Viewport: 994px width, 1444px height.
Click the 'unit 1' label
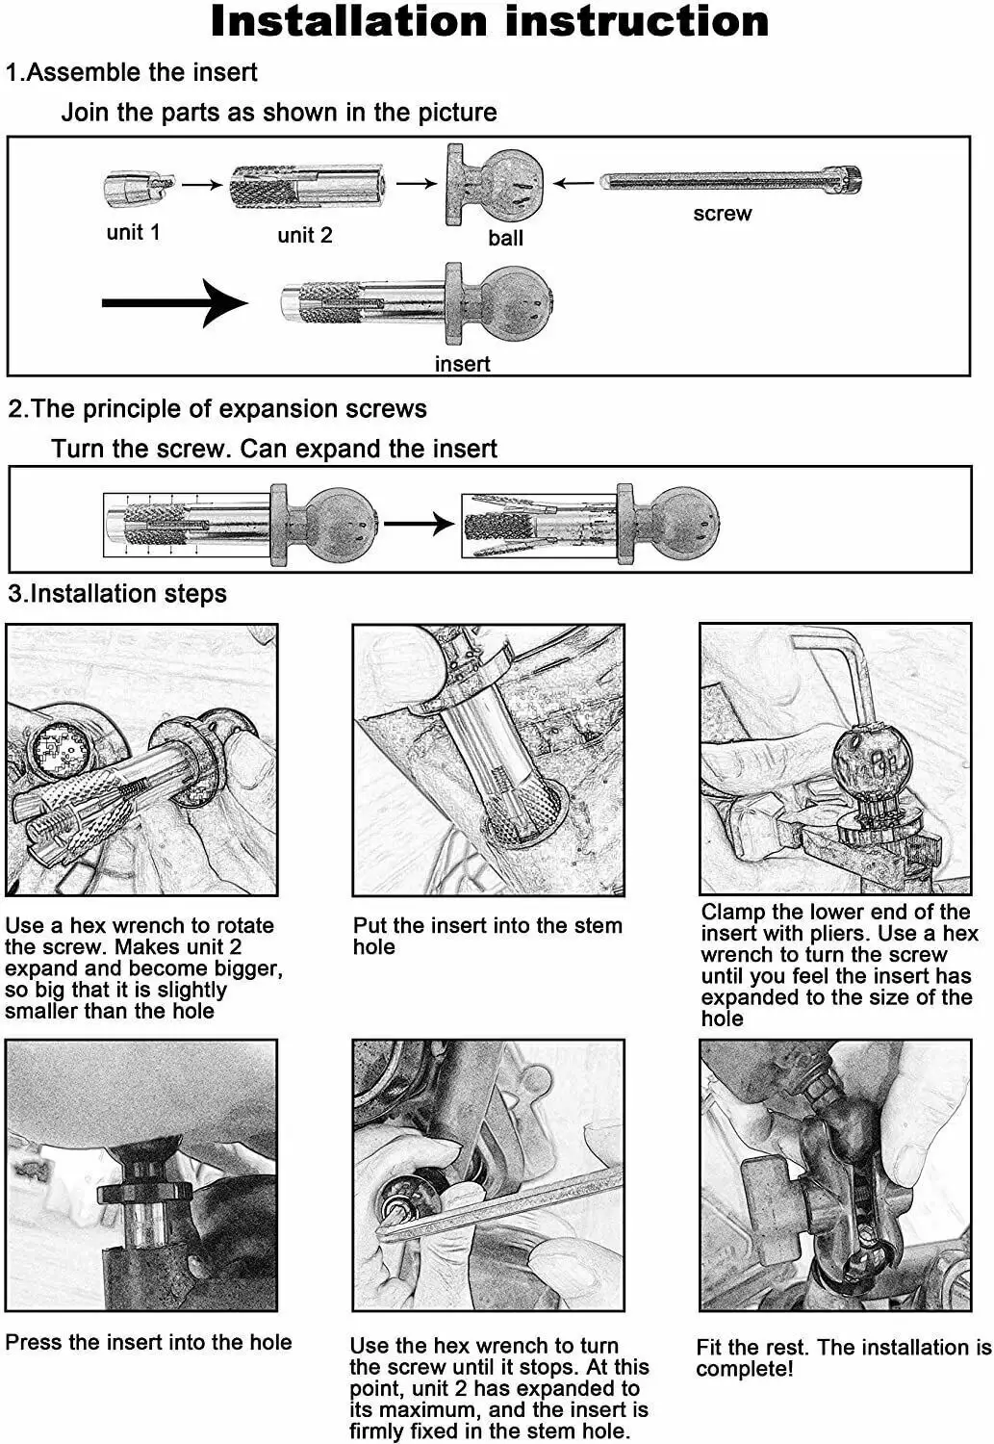[133, 232]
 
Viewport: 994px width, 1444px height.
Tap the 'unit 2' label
[305, 235]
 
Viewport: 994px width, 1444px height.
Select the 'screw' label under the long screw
[722, 214]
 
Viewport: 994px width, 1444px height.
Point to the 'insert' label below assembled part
[462, 364]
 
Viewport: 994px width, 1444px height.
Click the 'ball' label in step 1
[505, 238]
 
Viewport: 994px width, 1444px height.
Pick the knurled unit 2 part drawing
[308, 186]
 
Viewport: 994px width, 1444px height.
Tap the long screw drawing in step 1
[731, 180]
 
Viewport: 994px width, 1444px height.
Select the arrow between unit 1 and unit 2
[202, 185]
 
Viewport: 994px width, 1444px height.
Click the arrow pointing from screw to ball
[573, 183]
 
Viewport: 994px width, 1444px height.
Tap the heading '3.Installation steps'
[117, 593]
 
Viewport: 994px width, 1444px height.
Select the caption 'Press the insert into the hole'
[148, 1342]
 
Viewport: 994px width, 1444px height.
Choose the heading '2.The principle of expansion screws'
[217, 408]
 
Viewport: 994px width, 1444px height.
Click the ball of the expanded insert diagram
[685, 520]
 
